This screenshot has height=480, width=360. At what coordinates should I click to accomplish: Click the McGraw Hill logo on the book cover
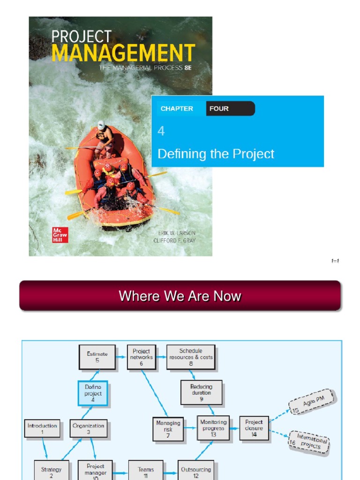[60, 234]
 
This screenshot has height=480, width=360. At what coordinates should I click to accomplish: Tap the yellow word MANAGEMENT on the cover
[123, 53]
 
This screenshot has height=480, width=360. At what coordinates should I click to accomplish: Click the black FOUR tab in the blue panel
[230, 109]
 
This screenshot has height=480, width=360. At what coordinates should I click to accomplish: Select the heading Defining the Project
[216, 154]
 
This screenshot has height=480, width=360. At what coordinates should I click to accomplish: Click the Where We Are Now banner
[180, 296]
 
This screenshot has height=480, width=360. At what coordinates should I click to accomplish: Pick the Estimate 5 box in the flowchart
[97, 357]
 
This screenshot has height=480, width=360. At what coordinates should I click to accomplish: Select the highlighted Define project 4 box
[93, 393]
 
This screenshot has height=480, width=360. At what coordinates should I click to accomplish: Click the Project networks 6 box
[141, 357]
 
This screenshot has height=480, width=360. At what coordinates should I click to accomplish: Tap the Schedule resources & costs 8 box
[191, 357]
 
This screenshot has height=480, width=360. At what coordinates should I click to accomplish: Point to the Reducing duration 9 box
[201, 393]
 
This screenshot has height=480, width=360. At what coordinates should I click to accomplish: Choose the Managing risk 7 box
[168, 429]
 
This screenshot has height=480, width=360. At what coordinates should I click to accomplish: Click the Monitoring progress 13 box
[213, 428]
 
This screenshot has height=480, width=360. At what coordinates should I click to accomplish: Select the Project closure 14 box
[254, 428]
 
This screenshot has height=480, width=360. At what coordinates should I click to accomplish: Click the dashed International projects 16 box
[309, 442]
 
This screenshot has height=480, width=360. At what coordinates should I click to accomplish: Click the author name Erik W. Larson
[174, 233]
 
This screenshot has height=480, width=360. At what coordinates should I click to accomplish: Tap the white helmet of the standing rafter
[101, 125]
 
